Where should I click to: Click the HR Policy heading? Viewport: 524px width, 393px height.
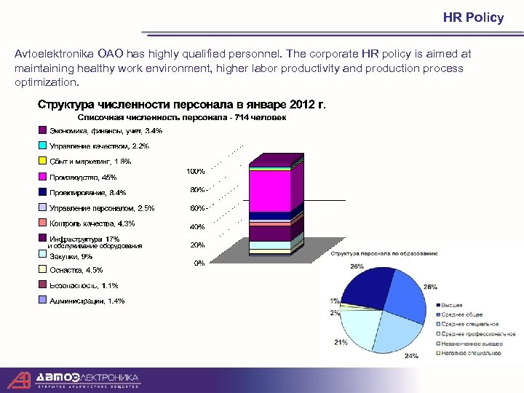[x=473, y=17]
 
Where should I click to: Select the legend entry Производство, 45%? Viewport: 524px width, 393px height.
[x=82, y=178]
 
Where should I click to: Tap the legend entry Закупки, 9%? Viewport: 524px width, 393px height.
[x=71, y=256]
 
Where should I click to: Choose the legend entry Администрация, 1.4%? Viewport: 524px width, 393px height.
[x=87, y=301]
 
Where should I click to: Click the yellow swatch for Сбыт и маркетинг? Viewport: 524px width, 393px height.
[x=43, y=162]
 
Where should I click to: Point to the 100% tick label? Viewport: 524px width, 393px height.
[x=196, y=172]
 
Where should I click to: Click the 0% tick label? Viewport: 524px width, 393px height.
[x=199, y=263]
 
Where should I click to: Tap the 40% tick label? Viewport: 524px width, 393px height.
[x=197, y=226]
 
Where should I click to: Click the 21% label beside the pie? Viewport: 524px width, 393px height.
[x=341, y=342]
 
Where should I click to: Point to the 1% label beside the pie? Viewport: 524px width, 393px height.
[x=334, y=301]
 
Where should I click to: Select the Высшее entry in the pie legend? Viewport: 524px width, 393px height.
[x=452, y=305]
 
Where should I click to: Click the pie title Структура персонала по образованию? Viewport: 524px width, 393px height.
[x=384, y=253]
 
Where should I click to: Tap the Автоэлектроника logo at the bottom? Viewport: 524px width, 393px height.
[x=73, y=379]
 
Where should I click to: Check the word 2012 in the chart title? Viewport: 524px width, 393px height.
[x=303, y=103]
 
